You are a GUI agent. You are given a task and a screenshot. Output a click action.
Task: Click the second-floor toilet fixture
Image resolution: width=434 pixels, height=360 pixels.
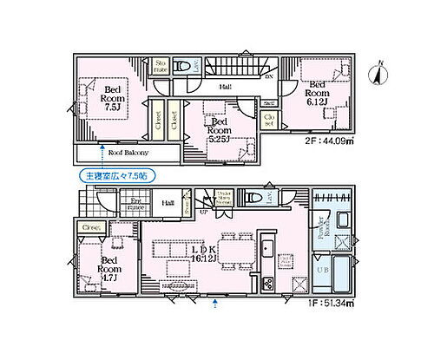(181, 66)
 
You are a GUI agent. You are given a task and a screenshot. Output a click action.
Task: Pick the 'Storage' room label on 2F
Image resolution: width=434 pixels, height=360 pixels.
(161, 68)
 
